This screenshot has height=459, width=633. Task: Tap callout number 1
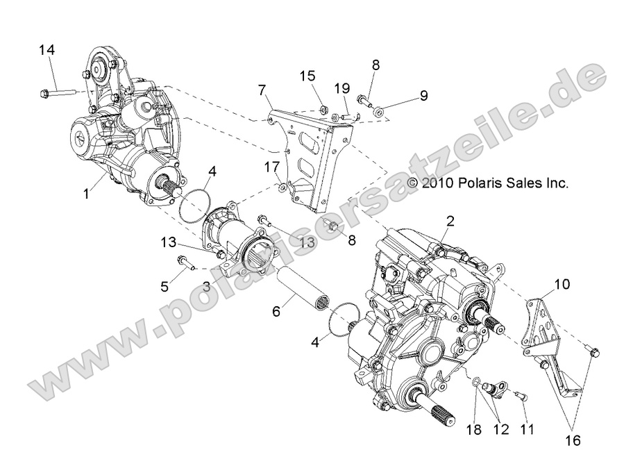pos(87,194)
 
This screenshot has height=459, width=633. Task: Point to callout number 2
pos(450,222)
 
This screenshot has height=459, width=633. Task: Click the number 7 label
pos(262,90)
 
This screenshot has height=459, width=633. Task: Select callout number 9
pos(423,94)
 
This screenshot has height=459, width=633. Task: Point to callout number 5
pos(164,285)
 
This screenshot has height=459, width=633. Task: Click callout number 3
pos(206,286)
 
